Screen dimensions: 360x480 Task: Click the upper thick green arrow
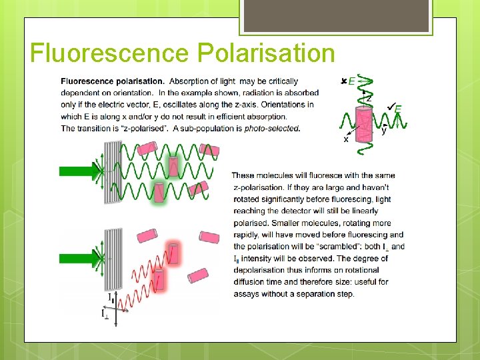click(77, 171)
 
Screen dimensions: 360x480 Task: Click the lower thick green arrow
click(77, 259)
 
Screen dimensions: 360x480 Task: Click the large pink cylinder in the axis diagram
click(363, 127)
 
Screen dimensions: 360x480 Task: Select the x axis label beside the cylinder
click(346, 140)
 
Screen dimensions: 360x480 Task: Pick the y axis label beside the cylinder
click(384, 131)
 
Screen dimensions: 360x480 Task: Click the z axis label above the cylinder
click(368, 98)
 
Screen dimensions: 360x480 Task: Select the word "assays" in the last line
click(249, 294)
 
